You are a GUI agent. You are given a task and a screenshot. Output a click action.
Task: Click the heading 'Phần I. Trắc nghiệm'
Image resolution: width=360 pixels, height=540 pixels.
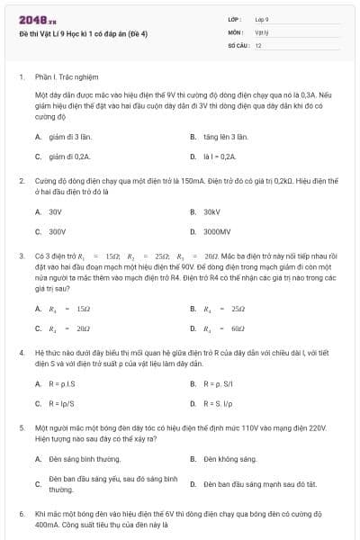coord(67,77)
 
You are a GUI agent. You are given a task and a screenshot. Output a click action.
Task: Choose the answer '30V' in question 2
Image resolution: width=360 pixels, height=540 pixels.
coord(55,211)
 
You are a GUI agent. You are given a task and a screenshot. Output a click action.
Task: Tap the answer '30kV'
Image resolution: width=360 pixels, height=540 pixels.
coord(211,211)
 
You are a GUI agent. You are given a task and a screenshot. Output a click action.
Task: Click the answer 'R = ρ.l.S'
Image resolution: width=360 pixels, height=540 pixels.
coord(61,383)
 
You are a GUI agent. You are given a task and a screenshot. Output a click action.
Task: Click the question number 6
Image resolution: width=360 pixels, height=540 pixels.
coord(21,513)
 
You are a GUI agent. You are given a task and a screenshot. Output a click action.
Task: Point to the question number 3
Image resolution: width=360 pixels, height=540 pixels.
coord(21,256)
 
